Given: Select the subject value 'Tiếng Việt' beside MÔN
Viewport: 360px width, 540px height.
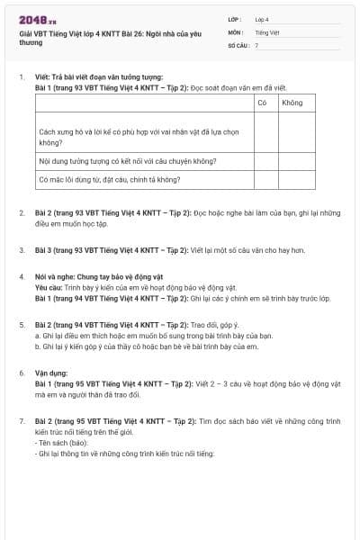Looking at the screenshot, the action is tap(265, 31).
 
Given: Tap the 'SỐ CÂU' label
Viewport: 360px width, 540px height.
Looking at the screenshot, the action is tap(237, 44).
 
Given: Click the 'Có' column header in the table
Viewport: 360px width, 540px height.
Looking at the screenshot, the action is tap(263, 103).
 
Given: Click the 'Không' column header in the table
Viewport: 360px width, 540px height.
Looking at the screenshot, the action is tap(292, 103).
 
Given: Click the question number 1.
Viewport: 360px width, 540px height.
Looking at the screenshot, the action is tap(21, 76).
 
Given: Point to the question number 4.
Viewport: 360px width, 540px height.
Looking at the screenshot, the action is tap(21, 278).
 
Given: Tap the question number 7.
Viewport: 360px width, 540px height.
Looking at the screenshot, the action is tap(21, 420).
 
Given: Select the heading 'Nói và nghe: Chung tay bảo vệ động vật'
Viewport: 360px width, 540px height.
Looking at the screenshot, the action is tap(94, 278).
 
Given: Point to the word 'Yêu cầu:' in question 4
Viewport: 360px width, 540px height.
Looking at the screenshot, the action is tap(49, 288).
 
